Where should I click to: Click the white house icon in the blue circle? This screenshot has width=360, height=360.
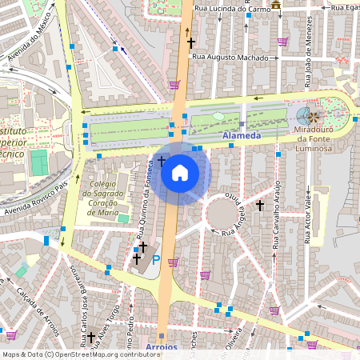(180, 173)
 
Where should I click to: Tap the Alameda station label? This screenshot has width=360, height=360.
(241, 137)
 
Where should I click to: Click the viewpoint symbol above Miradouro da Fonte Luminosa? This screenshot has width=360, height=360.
(314, 116)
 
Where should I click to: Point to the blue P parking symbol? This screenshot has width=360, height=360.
(156, 260)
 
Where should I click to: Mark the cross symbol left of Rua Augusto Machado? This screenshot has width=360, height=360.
(191, 42)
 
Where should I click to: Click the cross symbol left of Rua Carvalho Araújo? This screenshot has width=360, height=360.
(259, 206)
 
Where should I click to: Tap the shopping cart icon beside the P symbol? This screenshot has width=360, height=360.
(173, 262)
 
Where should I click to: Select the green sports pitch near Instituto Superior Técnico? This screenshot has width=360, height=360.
(39, 163)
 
